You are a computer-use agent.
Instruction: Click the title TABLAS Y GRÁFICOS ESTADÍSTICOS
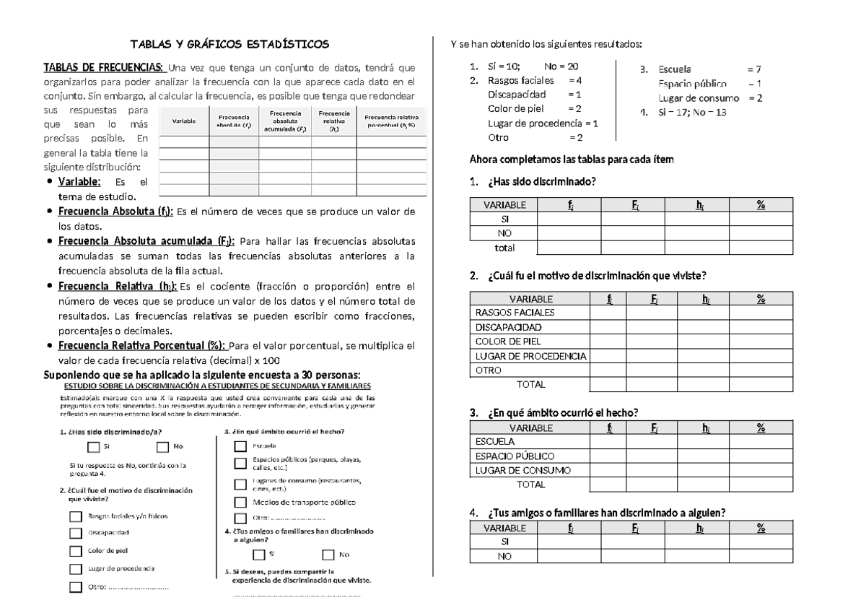[229, 45]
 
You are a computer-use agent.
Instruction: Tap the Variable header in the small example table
[183, 121]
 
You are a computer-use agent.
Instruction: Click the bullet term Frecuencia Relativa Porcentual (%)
[141, 346]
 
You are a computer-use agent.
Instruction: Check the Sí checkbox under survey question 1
[91, 446]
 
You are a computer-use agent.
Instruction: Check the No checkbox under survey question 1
[162, 446]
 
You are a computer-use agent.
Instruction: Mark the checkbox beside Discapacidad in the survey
[75, 534]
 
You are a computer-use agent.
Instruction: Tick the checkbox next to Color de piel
[75, 551]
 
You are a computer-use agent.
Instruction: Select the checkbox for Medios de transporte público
[240, 502]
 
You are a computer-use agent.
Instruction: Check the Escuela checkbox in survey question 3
[240, 446]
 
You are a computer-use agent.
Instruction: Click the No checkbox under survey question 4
[328, 555]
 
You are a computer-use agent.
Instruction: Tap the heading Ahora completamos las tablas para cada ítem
[571, 160]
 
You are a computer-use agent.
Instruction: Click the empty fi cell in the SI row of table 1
[569, 219]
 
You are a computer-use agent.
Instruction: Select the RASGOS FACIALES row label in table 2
[515, 313]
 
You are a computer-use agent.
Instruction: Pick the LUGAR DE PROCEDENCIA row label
[530, 356]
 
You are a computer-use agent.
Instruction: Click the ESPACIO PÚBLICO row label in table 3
[515, 456]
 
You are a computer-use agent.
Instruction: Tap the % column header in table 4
[761, 529]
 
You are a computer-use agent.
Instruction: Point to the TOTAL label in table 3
[531, 484]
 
